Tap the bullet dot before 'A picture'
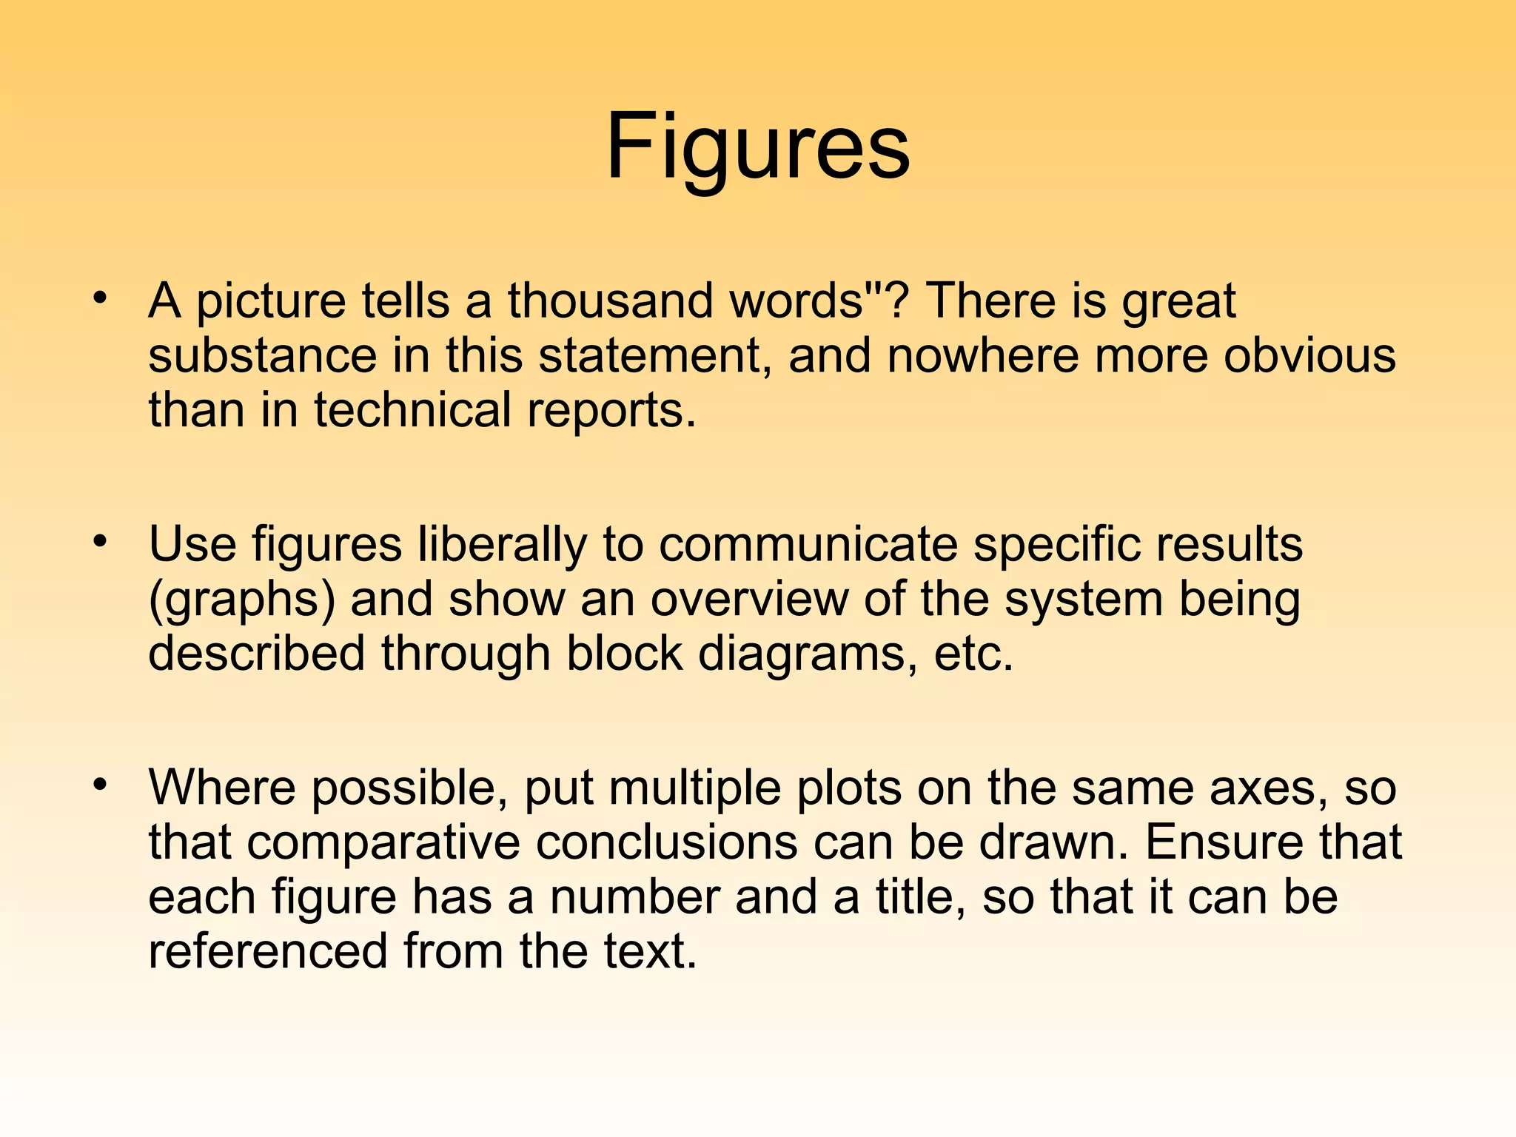pyautogui.click(x=100, y=299)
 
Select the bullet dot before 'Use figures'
pyautogui.click(x=100, y=543)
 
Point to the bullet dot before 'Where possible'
pyautogui.click(x=100, y=785)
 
